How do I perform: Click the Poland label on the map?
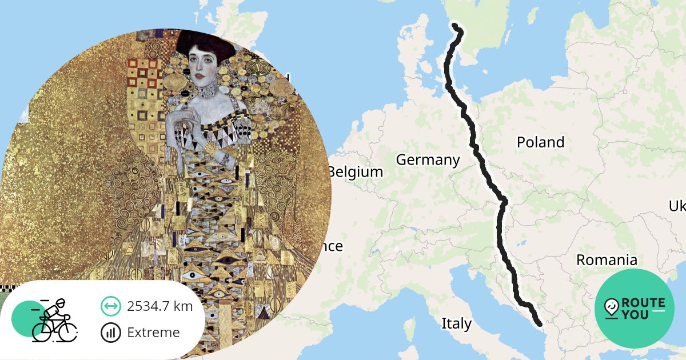coord(540,142)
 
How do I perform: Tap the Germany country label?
coord(428,160)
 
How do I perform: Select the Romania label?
coord(606,260)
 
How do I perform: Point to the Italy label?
coord(456,324)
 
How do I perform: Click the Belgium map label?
coord(356,171)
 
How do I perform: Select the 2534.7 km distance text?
coord(159,306)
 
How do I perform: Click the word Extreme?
coord(153,333)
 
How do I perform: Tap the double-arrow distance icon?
coord(110,306)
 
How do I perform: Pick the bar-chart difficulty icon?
coord(110,333)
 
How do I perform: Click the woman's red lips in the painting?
coord(198,75)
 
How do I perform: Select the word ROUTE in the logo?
coord(643,303)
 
